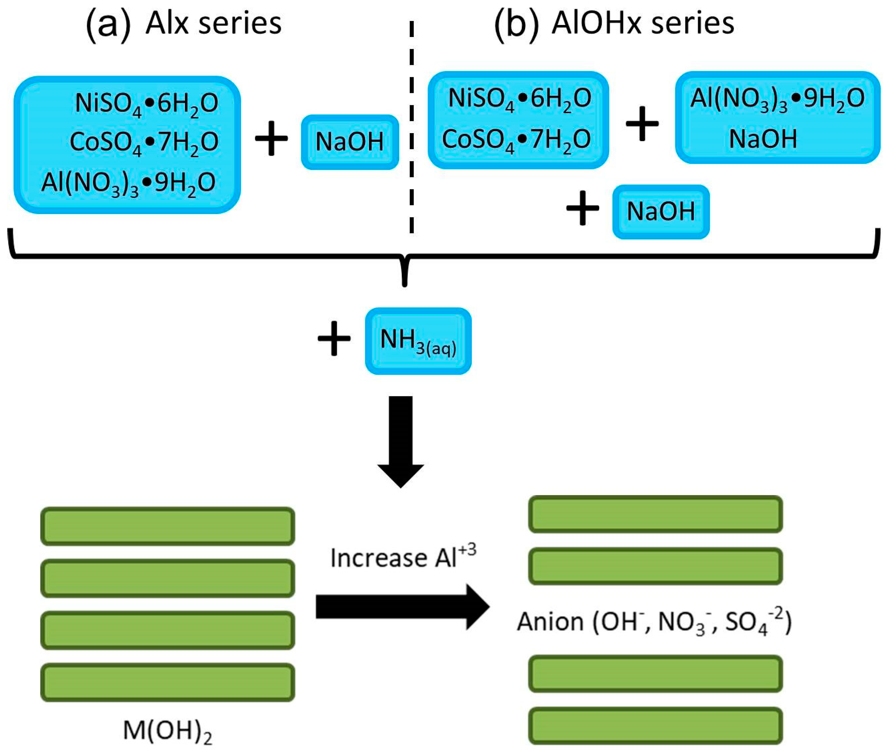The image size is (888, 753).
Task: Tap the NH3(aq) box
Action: [418, 341]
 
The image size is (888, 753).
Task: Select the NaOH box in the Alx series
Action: [349, 142]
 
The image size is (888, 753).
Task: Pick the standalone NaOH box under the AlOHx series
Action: [660, 211]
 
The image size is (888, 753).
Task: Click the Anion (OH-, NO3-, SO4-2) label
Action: [654, 622]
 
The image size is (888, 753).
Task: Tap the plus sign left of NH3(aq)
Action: [334, 338]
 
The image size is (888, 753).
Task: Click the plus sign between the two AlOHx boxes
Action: [642, 124]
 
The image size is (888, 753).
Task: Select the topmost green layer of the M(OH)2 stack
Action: [167, 526]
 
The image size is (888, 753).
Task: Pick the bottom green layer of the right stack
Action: [655, 726]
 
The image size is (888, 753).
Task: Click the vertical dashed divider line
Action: [411, 128]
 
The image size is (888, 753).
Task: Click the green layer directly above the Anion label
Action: [655, 566]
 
